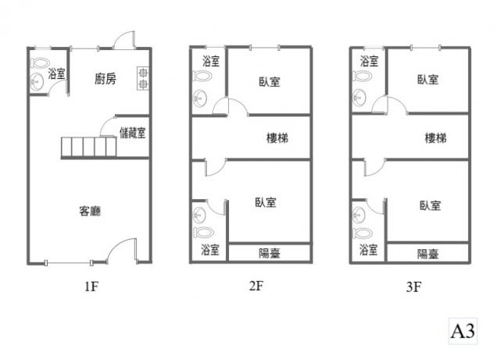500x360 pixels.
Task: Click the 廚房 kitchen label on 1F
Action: (105, 78)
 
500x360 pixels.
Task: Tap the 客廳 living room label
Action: (90, 211)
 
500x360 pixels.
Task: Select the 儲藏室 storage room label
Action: (133, 133)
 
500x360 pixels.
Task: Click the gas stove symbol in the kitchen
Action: (143, 78)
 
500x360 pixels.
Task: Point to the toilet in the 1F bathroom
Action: (40, 62)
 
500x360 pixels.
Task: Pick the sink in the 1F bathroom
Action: (37, 82)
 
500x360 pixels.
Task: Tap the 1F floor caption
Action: (91, 287)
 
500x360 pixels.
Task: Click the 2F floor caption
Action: (256, 286)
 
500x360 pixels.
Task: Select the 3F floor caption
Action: (414, 287)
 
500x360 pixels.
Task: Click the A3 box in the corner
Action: (462, 331)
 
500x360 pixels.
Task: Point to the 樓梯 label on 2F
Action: (277, 138)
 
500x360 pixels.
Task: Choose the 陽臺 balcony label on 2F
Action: (270, 254)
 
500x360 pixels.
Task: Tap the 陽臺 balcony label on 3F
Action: (428, 254)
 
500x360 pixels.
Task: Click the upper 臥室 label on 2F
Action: (270, 82)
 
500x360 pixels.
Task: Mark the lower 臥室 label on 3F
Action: (430, 205)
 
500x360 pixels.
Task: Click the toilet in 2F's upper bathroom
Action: (203, 76)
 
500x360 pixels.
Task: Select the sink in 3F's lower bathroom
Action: (359, 214)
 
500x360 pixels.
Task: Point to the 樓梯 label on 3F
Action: (436, 138)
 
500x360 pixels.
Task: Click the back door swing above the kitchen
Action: (125, 40)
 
